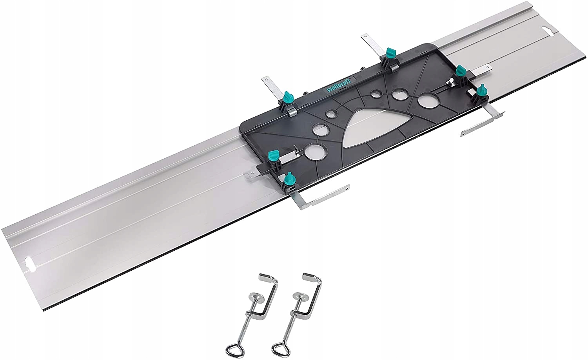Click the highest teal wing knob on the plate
coord(390,52)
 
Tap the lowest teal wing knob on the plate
coord(289,178)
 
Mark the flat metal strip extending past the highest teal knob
coord(370,41)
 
